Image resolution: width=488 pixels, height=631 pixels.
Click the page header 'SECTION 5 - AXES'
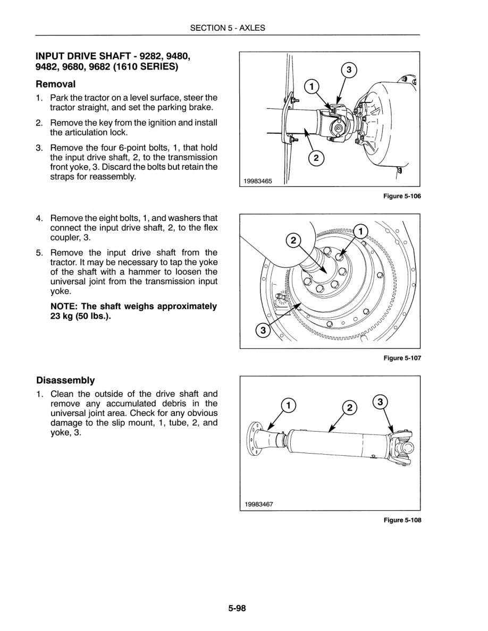pyautogui.click(x=228, y=28)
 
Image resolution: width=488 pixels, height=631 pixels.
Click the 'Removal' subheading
pyautogui.click(x=56, y=84)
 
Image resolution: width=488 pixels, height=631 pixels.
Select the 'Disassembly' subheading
pyautogui.click(x=65, y=380)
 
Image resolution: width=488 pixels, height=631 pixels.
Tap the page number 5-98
pyautogui.click(x=237, y=609)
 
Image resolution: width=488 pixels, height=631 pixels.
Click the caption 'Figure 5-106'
pyautogui.click(x=402, y=197)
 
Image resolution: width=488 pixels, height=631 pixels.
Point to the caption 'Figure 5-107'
pyautogui.click(x=402, y=359)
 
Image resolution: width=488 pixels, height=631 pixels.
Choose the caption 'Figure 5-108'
pyautogui.click(x=402, y=520)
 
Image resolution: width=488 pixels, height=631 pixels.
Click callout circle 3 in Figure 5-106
pyautogui.click(x=348, y=70)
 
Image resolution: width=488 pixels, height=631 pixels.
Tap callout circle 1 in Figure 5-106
pyautogui.click(x=312, y=87)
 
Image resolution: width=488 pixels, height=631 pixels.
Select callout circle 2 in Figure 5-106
pyautogui.click(x=316, y=158)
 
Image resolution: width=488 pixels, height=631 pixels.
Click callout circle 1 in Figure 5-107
pyautogui.click(x=360, y=231)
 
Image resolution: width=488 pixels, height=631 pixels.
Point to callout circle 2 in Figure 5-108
pyautogui.click(x=349, y=408)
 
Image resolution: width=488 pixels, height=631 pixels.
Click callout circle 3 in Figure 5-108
pyautogui.click(x=380, y=402)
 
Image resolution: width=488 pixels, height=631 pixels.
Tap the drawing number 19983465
pyautogui.click(x=258, y=181)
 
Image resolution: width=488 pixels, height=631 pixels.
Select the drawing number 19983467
pyautogui.click(x=259, y=504)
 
